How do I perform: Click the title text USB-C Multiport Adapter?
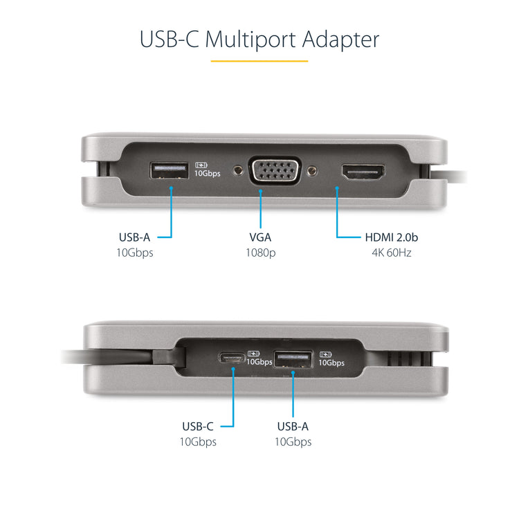pos(259,39)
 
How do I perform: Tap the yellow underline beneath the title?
pos(259,62)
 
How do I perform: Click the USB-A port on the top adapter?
pos(169,170)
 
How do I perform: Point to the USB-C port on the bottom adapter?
pos(231,358)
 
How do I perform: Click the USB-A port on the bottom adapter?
pos(293,358)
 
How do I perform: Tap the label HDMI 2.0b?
pos(392,237)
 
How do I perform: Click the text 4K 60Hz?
pos(391,253)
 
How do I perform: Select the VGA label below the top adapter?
pos(260,237)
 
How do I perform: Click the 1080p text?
pos(260,253)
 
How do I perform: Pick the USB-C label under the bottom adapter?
pos(197,426)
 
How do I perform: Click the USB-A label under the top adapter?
pos(134,237)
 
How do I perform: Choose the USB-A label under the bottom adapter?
pos(293,426)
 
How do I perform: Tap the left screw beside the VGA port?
pos(239,170)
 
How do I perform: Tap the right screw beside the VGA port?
pos(313,170)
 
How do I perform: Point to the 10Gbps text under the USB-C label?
pos(197,442)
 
